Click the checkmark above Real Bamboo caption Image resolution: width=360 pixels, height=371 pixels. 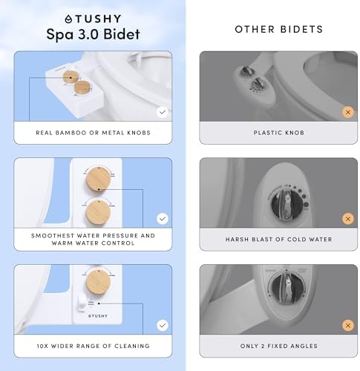click(x=163, y=112)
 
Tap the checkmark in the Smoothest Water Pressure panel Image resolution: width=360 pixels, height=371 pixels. click(x=163, y=219)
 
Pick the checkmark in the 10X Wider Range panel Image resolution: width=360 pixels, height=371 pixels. click(x=163, y=325)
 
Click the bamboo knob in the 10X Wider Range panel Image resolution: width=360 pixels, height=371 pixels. click(x=95, y=286)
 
